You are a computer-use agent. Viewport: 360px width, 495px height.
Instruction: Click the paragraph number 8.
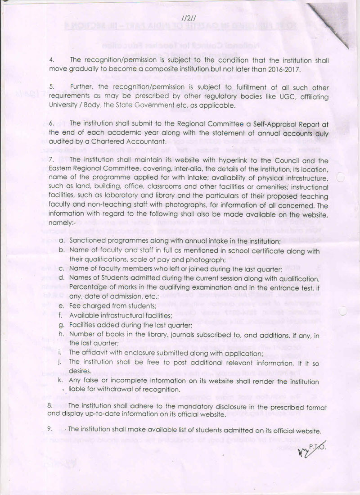(51, 405)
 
